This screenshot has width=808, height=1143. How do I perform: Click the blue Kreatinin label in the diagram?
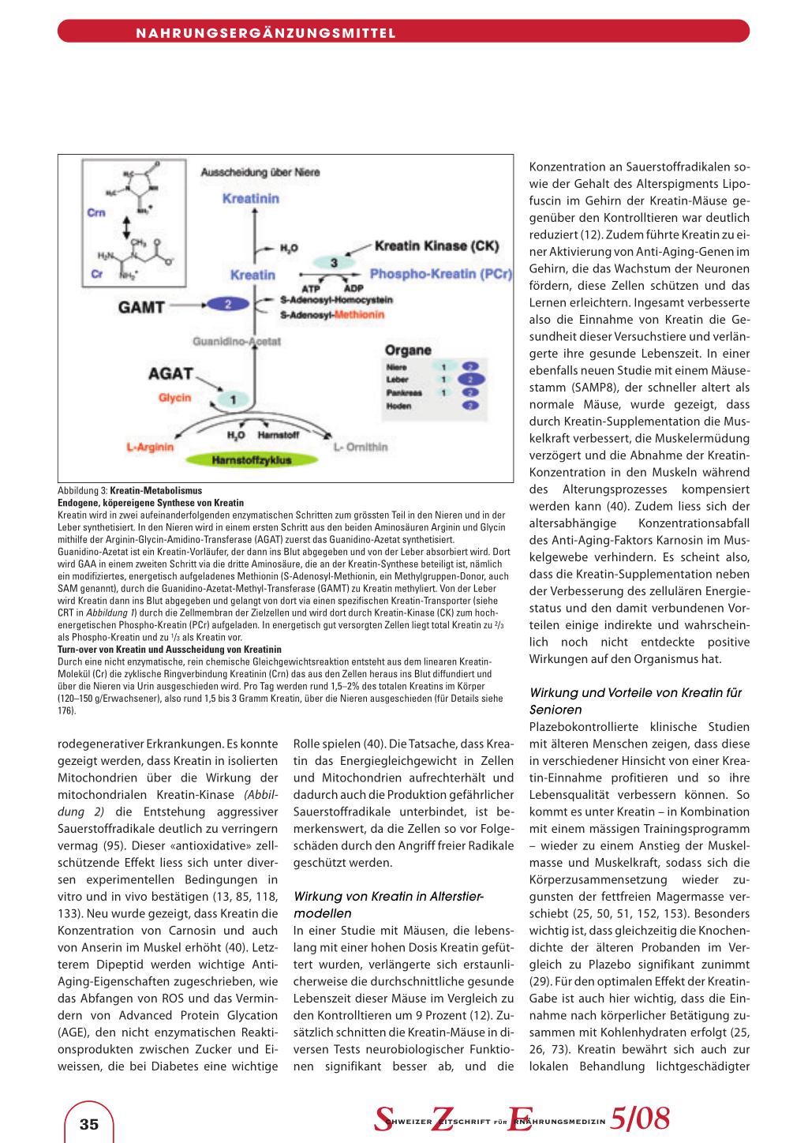[x=250, y=199]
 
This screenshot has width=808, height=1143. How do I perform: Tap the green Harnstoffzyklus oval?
[x=251, y=459]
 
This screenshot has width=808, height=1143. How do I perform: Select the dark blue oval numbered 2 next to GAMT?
[x=227, y=305]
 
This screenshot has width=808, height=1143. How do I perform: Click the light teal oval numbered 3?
[x=334, y=263]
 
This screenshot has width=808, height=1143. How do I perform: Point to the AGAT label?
[x=170, y=373]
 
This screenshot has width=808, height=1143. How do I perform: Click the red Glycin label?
[x=174, y=398]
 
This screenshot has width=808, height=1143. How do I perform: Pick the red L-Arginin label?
[x=150, y=447]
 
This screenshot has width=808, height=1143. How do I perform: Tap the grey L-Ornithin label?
[x=361, y=447]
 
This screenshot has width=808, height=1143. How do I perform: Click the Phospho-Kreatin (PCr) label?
[x=440, y=274]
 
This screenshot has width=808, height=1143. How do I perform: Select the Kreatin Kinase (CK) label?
[x=436, y=246]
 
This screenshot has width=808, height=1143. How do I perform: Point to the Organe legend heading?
[x=408, y=350]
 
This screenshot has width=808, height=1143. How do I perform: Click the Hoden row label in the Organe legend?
[x=398, y=406]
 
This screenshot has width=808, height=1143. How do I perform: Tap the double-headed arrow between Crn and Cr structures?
[x=126, y=227]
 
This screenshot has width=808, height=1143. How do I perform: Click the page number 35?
[x=89, y=1124]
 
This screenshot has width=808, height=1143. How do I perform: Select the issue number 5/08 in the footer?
[x=640, y=1119]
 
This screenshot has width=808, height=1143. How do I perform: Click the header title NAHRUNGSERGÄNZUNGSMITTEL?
[x=266, y=33]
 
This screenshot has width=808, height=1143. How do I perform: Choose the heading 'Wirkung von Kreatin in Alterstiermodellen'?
[x=388, y=905]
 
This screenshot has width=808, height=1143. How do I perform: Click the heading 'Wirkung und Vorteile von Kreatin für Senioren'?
[x=636, y=701]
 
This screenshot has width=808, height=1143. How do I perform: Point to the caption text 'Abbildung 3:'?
[x=82, y=491]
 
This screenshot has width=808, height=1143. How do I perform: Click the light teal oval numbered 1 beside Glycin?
[x=234, y=399]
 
